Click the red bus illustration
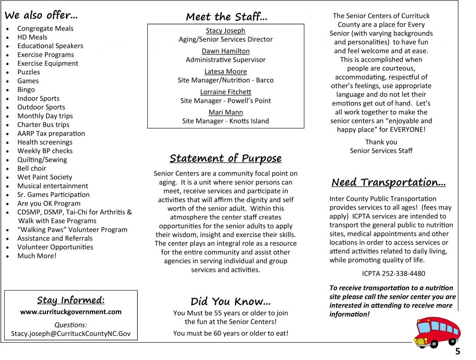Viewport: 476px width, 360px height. click(x=437, y=332)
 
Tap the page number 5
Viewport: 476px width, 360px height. click(x=458, y=351)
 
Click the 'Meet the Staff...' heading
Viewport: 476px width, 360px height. click(x=226, y=17)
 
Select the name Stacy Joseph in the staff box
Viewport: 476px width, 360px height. click(x=225, y=31)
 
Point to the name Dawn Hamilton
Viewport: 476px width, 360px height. click(x=225, y=51)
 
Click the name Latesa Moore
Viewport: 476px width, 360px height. click(x=225, y=72)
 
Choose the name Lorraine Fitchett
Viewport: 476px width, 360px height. click(x=225, y=92)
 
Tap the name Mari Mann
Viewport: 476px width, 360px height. click(x=225, y=112)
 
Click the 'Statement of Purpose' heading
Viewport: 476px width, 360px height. click(x=225, y=158)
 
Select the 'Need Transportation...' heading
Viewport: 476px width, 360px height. click(x=389, y=182)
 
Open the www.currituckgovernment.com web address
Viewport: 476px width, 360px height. click(x=71, y=312)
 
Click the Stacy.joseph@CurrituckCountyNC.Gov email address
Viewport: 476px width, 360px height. click(x=71, y=334)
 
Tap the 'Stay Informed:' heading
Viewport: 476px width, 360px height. click(x=71, y=300)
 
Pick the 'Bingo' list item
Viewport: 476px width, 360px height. click(x=26, y=90)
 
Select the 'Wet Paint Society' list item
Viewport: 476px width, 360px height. click(x=45, y=177)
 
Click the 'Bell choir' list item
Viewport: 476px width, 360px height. click(x=32, y=168)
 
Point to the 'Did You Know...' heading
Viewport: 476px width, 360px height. click(x=231, y=301)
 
